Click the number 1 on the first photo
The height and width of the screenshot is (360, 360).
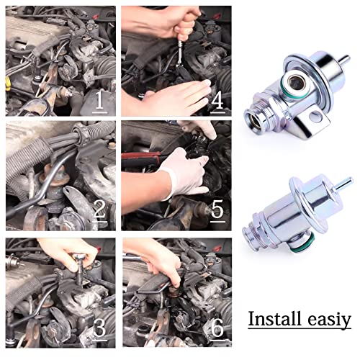click(x=100, y=99)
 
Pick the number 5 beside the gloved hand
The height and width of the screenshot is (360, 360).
click(x=217, y=212)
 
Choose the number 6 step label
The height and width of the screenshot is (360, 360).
click(x=217, y=328)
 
